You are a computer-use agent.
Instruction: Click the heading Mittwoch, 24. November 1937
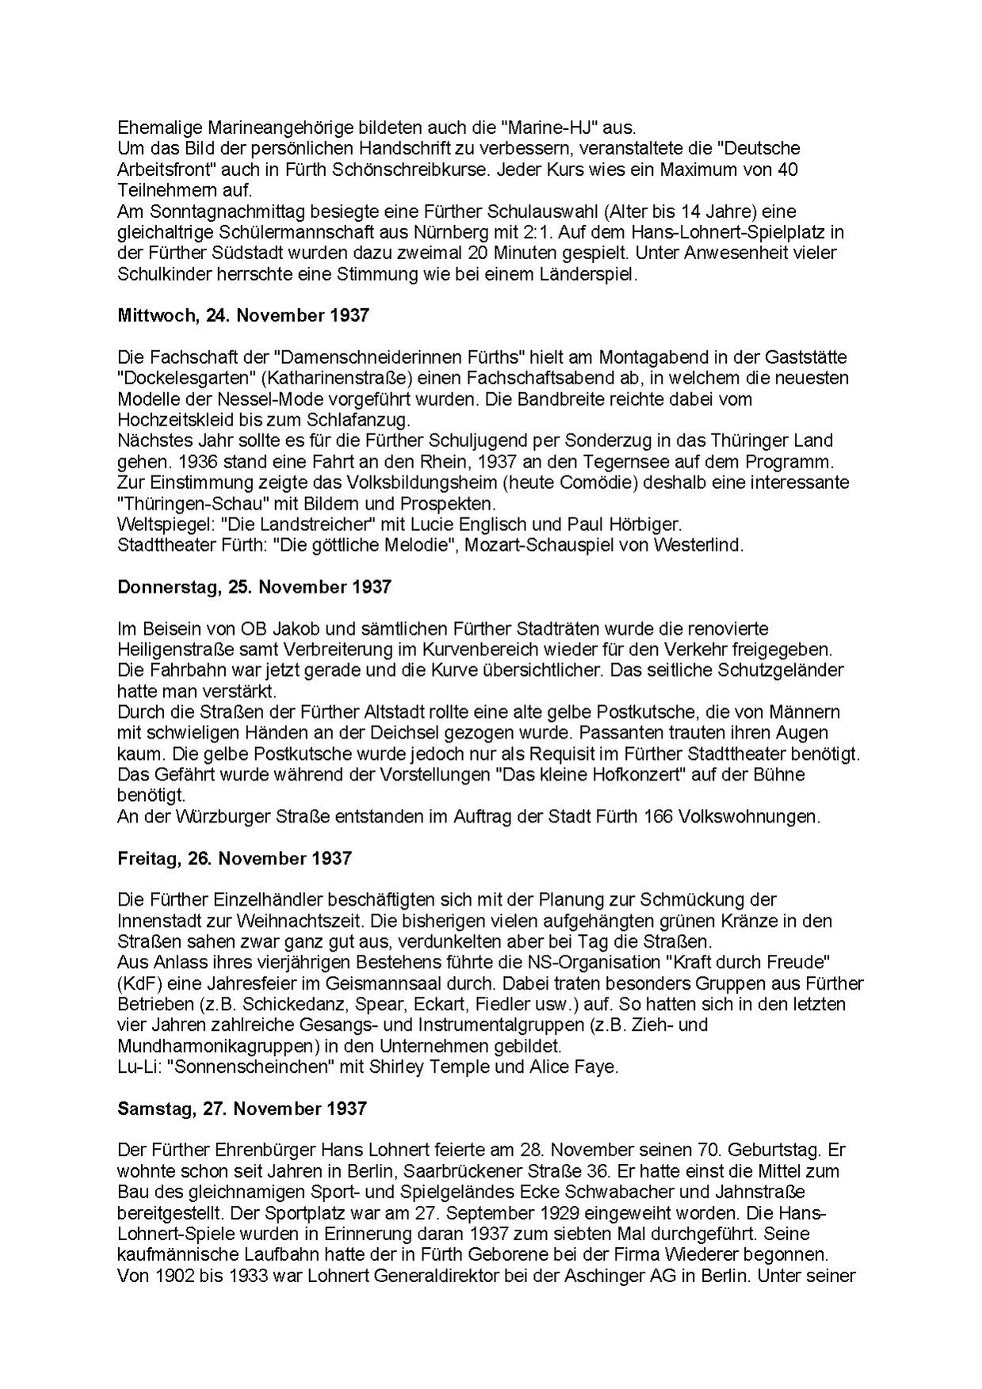coord(243,315)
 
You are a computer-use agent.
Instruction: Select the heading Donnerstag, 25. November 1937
coord(254,587)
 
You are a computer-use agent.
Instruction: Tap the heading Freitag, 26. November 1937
coord(234,859)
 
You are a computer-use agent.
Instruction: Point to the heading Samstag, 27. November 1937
coord(242,1108)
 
